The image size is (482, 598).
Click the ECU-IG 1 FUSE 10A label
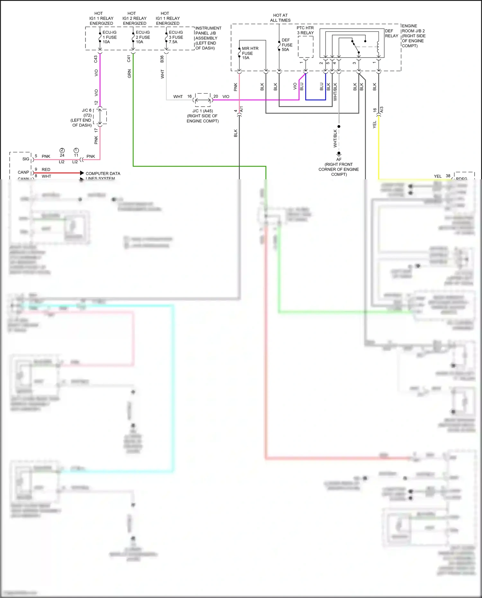click(x=109, y=37)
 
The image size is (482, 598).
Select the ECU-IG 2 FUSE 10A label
click(x=142, y=37)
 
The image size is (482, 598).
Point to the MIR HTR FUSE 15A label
click(x=250, y=53)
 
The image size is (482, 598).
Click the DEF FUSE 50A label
click(x=287, y=45)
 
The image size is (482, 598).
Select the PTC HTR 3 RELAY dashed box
click(x=305, y=47)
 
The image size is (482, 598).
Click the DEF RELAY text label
click(x=391, y=33)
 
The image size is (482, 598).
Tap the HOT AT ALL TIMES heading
click(x=280, y=18)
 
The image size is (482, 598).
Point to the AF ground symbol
click(x=339, y=154)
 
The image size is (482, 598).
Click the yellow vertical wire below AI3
click(x=379, y=148)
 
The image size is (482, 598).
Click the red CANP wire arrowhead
click(x=82, y=173)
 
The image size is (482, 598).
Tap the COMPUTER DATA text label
click(x=103, y=174)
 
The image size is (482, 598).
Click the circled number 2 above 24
click(x=62, y=150)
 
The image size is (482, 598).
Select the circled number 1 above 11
click(x=76, y=150)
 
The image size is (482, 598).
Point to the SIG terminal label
click(x=26, y=159)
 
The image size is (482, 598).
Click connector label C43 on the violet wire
click(x=95, y=59)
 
